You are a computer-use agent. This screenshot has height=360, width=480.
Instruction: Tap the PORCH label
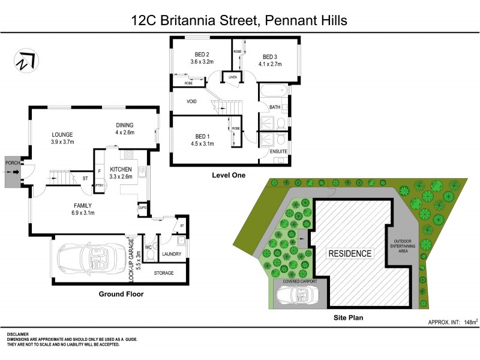(x=13, y=163)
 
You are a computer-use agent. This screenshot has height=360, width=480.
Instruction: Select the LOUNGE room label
(x=63, y=135)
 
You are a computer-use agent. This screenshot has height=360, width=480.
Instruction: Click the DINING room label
(x=125, y=125)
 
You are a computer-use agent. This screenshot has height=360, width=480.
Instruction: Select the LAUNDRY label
(x=172, y=254)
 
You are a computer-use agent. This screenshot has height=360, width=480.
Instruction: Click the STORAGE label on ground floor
(x=164, y=273)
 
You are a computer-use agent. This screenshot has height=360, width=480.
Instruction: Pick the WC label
(x=149, y=247)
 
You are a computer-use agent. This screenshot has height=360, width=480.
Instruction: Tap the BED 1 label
(x=202, y=136)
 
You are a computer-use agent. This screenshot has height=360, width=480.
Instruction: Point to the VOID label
(x=192, y=101)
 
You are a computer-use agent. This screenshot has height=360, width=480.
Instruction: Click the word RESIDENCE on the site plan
(x=350, y=253)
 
